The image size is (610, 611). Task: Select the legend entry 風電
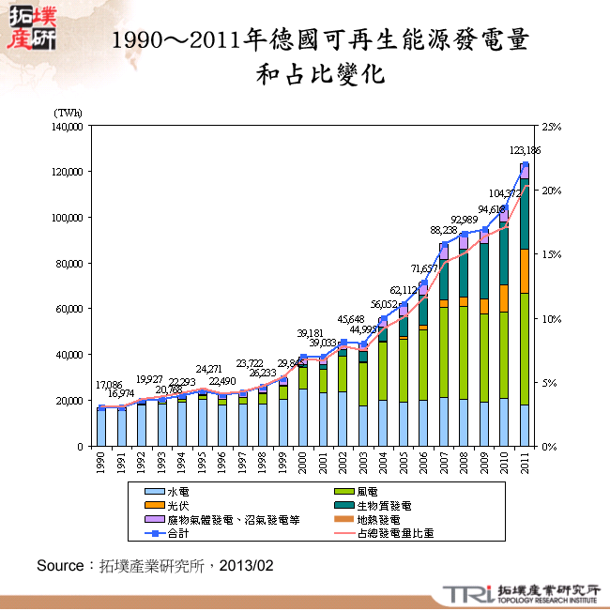click(x=369, y=491)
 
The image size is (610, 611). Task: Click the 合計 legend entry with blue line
click(x=176, y=533)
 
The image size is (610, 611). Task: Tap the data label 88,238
click(x=444, y=230)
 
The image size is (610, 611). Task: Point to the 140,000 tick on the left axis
click(x=70, y=126)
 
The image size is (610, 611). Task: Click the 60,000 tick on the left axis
click(x=73, y=309)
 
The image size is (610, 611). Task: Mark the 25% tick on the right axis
click(x=551, y=126)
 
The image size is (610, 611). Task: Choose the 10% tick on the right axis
click(x=551, y=318)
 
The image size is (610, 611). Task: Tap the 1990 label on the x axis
click(x=102, y=463)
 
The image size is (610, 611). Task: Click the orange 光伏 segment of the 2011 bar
click(x=525, y=270)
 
